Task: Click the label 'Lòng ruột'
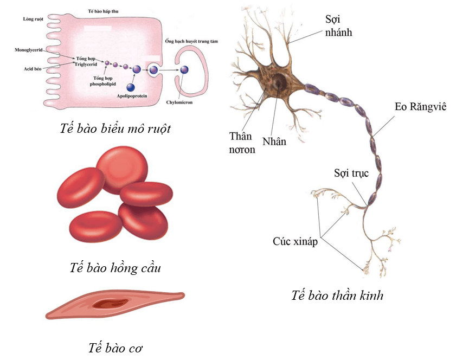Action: coord(33,19)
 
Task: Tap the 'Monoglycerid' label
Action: coord(29,50)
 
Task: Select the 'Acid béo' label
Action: coord(33,69)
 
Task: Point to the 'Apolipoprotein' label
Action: coord(132,96)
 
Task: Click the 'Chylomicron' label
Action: coord(179,102)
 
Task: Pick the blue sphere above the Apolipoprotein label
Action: coord(131,87)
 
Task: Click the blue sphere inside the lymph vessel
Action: coord(184,70)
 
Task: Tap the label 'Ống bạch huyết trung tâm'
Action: coord(191,41)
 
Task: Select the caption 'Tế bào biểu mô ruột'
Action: coord(115,128)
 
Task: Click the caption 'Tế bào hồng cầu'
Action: coord(115,267)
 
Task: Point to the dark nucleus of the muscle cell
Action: coord(110,304)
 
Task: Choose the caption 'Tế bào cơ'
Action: coord(115,348)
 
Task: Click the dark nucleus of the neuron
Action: coord(279,81)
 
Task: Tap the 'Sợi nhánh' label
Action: coord(338,25)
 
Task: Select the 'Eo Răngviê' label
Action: coord(421,107)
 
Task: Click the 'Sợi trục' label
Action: coord(351,173)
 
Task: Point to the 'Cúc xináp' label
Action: coord(295,241)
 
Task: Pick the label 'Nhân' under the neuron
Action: coord(274,142)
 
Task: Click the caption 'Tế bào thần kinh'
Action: coord(337,295)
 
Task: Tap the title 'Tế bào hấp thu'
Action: coord(103,11)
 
